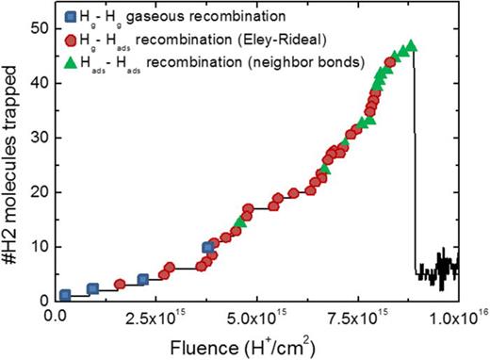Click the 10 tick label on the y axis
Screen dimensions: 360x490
tap(40, 247)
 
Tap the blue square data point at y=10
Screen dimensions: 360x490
tap(208, 248)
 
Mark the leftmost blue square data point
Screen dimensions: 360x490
tap(65, 295)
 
